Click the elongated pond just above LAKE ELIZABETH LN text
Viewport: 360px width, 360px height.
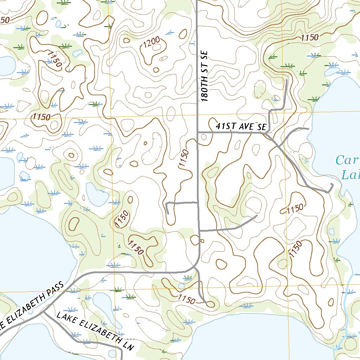coord(103,306)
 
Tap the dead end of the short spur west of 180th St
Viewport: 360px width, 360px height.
coord(168,213)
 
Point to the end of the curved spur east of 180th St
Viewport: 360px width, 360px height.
coord(257,216)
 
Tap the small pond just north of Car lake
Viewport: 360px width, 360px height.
coord(331,72)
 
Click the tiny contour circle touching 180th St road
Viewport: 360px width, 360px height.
coord(202,241)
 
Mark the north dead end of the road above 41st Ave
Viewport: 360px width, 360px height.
coord(287,81)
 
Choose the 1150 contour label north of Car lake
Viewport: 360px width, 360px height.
coord(309,37)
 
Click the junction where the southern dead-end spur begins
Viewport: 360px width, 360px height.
coord(195,269)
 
